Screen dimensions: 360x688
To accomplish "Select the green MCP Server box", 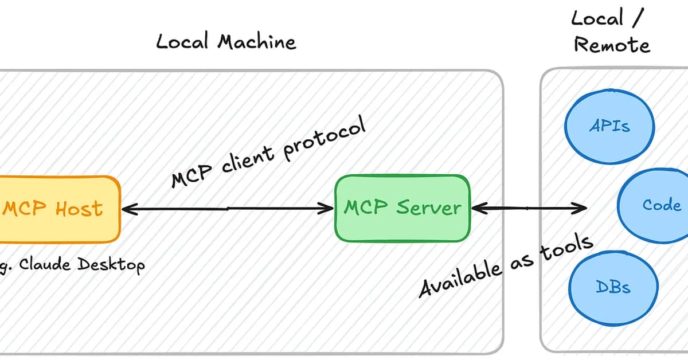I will [x=402, y=207].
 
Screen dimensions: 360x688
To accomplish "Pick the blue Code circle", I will [x=656, y=205].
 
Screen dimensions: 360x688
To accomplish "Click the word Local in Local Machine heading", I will [x=182, y=42].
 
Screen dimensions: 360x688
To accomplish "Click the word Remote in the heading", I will [x=612, y=45].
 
